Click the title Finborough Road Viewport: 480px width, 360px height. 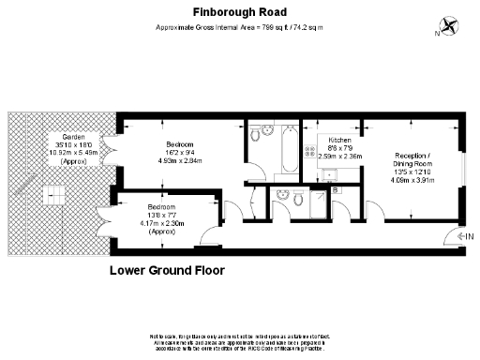[240, 12]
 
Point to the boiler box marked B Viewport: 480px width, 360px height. [337, 190]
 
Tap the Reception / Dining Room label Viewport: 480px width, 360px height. [414, 159]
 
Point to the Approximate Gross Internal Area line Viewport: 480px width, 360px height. [240, 28]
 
